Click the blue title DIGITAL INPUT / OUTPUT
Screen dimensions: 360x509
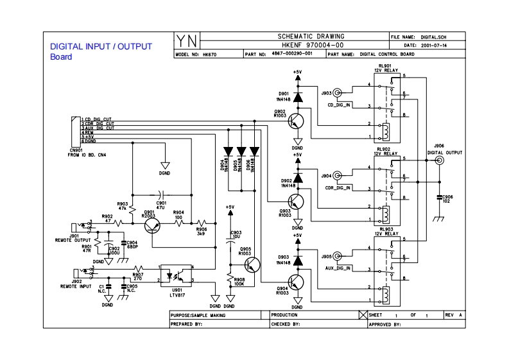pos(101,47)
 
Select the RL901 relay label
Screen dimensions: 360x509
pos(386,67)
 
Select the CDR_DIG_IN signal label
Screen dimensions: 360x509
pos(340,188)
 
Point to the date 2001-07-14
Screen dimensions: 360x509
pos(433,46)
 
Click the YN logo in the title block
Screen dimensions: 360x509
pos(187,41)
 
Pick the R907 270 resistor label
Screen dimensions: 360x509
pos(137,277)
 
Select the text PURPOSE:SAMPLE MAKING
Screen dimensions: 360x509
pos(198,316)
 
